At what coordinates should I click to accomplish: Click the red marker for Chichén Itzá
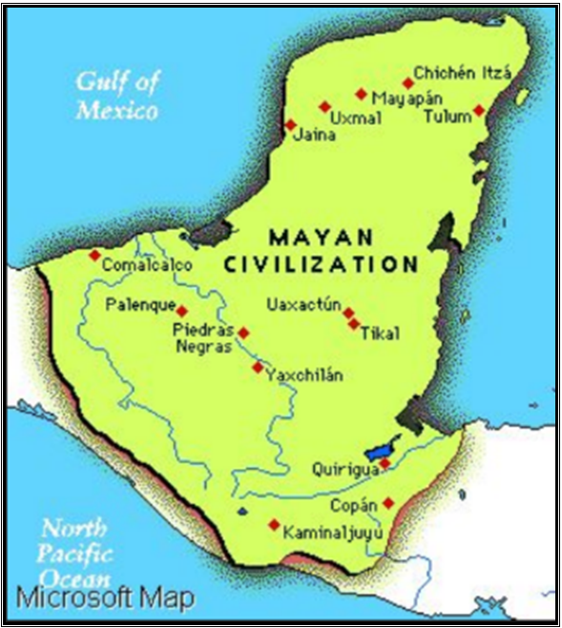pyautogui.click(x=408, y=83)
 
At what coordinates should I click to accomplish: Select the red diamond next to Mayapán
pyautogui.click(x=361, y=93)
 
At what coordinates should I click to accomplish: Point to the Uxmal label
pyautogui.click(x=355, y=119)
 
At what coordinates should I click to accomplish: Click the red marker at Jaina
pyautogui.click(x=290, y=125)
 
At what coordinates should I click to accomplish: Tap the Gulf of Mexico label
pyautogui.click(x=116, y=95)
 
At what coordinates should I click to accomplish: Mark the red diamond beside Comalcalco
pyautogui.click(x=94, y=254)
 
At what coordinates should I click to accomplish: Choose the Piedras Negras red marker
pyautogui.click(x=243, y=333)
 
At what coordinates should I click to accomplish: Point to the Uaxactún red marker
pyautogui.click(x=348, y=312)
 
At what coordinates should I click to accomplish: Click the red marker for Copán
pyautogui.click(x=388, y=503)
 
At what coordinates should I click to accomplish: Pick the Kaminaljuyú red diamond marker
pyautogui.click(x=274, y=525)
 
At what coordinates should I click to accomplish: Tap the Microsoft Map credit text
pyautogui.click(x=105, y=598)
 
